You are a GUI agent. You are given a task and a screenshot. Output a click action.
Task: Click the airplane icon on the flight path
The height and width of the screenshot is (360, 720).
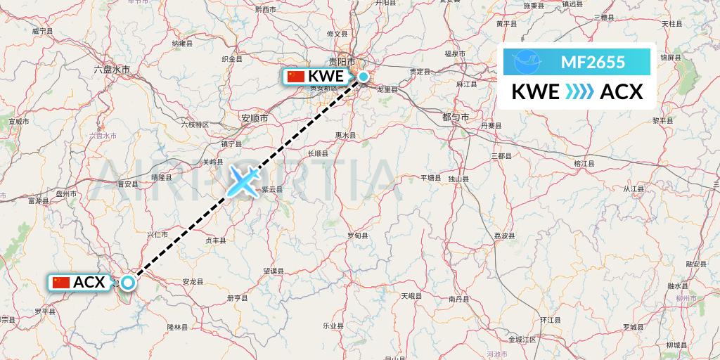tap(243, 180)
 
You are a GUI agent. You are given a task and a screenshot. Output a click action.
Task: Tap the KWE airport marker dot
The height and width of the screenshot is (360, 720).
tap(364, 77)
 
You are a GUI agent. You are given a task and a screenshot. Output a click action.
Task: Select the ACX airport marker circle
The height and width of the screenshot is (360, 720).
tap(128, 283)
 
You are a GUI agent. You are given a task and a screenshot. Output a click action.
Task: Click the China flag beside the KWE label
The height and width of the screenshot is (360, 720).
tap(296, 77)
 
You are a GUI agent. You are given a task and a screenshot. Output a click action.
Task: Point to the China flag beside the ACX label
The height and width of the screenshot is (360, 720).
tap(61, 283)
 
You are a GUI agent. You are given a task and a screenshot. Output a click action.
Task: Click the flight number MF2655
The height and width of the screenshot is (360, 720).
tap(593, 63)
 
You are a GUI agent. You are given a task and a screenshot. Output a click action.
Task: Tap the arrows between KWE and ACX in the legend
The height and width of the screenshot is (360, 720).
tap(580, 91)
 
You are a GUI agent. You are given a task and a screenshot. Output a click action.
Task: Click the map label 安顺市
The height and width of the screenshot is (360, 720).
tap(254, 118)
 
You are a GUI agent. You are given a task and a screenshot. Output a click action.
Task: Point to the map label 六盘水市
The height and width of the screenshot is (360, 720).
tap(112, 69)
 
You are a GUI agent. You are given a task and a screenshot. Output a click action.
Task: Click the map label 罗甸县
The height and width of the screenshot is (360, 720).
tap(358, 235)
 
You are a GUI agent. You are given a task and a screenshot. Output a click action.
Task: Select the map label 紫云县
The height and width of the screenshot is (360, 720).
tap(271, 189)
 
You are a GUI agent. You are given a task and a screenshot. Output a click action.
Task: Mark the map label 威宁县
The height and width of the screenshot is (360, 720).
tap(43, 31)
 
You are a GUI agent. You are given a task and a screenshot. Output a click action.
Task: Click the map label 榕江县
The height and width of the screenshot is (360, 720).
tap(584, 162)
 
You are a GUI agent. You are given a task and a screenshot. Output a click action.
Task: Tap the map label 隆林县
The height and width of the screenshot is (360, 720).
tap(177, 327)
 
